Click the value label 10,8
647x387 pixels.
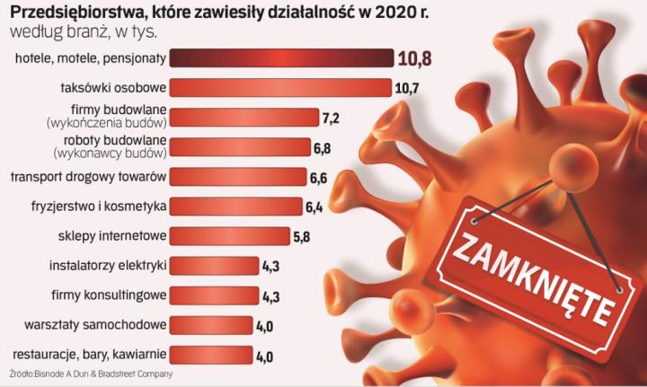[x=414, y=59]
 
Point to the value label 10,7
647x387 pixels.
[x=406, y=88]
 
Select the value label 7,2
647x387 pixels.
[x=332, y=119]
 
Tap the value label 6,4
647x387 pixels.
[x=315, y=207]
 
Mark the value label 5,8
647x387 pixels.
[x=302, y=236]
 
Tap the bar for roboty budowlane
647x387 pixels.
[x=238, y=147]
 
